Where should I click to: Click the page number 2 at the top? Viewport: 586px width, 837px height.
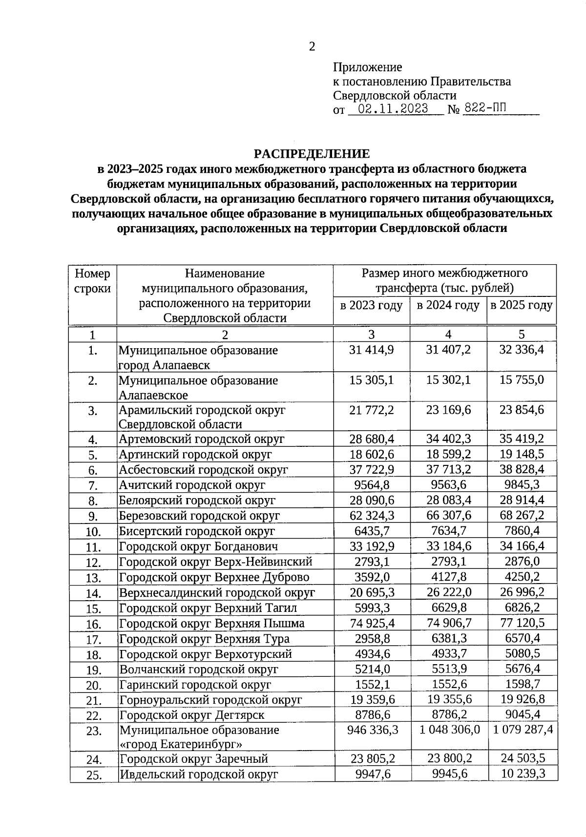coord(312,46)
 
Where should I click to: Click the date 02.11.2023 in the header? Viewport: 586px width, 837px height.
coord(393,108)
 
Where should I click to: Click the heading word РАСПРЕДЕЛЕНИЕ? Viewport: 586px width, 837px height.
coord(312,154)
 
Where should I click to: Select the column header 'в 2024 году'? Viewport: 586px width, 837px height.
coord(448,306)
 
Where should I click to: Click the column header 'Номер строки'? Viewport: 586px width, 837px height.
coord(92,281)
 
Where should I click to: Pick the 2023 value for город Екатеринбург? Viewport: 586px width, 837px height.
coord(373,730)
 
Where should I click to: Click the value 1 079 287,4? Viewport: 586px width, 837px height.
coord(523,730)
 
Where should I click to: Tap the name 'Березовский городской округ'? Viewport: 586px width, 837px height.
coord(199,516)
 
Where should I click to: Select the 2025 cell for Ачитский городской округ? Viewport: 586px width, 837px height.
coord(522,485)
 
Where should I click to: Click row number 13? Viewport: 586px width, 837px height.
coord(93,578)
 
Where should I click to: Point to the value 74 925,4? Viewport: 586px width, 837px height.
coord(373,623)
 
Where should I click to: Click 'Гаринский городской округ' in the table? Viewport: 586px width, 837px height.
coord(195,685)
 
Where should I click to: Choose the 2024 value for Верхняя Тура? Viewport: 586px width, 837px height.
coord(448,638)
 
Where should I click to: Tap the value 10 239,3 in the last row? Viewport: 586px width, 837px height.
coord(523,774)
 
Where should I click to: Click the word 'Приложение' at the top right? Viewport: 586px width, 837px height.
coord(367,67)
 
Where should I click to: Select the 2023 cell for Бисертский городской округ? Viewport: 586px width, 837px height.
coord(373,531)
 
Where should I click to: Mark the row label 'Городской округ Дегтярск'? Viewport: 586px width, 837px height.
coord(192,715)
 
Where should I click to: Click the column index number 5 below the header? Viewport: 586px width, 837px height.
coord(522,335)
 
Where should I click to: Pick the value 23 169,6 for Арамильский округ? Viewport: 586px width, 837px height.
coord(448,410)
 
